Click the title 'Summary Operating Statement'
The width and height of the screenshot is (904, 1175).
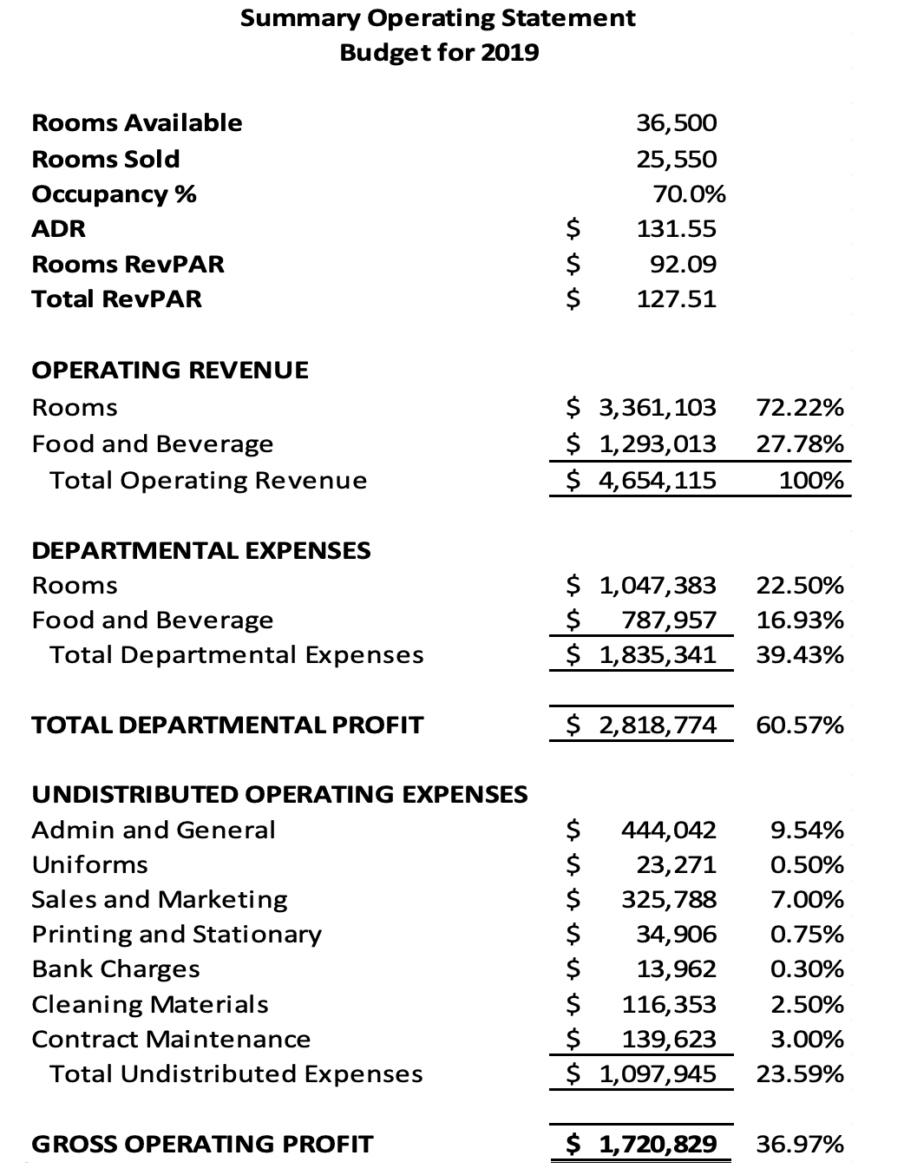click(x=437, y=18)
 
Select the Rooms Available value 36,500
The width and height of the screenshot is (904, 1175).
click(x=677, y=123)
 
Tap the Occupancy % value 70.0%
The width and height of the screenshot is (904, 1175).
click(x=689, y=194)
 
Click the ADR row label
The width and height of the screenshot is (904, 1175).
click(x=59, y=229)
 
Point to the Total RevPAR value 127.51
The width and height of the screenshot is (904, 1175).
click(x=677, y=299)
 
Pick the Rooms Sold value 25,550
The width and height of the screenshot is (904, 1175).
click(x=677, y=160)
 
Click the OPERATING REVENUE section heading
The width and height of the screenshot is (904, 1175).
click(x=170, y=371)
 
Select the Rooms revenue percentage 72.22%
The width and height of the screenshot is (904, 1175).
click(x=800, y=408)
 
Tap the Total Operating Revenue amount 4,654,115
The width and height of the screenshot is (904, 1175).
click(x=658, y=481)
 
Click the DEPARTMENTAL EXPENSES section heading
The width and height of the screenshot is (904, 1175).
click(x=201, y=551)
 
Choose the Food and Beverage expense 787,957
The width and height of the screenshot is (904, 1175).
click(x=669, y=620)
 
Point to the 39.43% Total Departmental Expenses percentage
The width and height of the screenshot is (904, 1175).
click(x=800, y=655)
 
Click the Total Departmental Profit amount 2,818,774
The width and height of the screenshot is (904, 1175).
click(x=658, y=725)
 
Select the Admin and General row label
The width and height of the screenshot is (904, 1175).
click(x=154, y=830)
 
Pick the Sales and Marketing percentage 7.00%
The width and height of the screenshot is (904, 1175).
click(x=807, y=900)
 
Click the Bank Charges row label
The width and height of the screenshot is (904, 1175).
click(x=116, y=969)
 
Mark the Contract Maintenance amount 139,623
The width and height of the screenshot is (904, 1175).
click(x=669, y=1040)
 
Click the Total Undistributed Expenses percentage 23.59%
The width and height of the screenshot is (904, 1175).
click(x=800, y=1074)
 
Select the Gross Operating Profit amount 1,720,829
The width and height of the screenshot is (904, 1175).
click(x=658, y=1145)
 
